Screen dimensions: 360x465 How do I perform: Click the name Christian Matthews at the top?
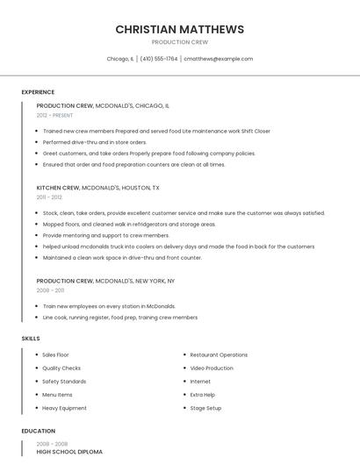180,30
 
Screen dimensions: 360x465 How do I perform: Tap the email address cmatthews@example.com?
218,59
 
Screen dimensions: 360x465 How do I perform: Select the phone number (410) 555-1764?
159,59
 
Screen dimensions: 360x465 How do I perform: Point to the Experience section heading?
38,92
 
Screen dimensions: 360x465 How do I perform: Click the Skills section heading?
31,338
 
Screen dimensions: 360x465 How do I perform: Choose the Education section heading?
39,431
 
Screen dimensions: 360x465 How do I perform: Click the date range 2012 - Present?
54,115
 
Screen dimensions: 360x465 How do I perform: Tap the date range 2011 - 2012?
49,197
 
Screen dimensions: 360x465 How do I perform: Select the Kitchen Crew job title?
58,188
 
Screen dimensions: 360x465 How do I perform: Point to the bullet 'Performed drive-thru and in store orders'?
95,142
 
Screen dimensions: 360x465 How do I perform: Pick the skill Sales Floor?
55,355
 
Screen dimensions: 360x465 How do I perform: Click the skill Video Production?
212,368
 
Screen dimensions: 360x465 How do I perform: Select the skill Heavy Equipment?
64,408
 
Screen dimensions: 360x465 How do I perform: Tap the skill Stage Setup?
205,408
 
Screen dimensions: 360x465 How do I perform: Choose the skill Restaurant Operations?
219,355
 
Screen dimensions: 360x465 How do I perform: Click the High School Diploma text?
69,452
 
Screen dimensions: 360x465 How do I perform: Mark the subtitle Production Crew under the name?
180,42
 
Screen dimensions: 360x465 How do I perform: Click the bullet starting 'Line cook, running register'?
119,318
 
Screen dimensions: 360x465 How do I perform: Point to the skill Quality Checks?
61,368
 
